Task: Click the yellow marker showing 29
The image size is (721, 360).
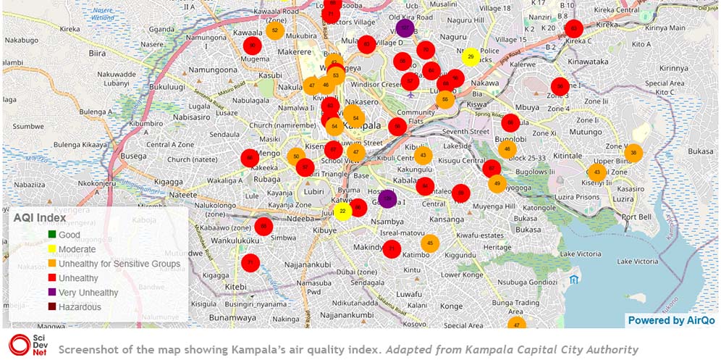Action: [x=471, y=56]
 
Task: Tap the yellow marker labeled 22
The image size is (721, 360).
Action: [x=342, y=212]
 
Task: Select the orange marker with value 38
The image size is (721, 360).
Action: [x=633, y=153]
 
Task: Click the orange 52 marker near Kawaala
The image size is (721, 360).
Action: [x=274, y=30]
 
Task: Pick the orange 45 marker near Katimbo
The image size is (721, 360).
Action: [x=430, y=243]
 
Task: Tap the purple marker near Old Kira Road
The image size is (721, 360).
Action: [x=405, y=28]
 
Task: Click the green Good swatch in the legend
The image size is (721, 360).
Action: [x=51, y=235]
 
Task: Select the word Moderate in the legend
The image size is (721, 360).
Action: [x=77, y=249]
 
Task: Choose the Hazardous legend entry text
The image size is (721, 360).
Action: [x=80, y=306]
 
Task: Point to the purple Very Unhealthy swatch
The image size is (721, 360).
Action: [x=51, y=293]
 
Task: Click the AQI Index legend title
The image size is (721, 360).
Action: [x=40, y=217]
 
